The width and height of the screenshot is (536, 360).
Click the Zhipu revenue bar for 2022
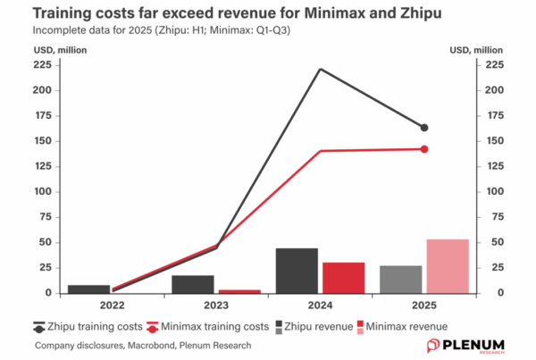point(89,289)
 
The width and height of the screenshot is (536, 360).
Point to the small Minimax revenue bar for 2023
point(239,291)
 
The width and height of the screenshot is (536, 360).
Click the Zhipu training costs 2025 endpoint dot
point(424,128)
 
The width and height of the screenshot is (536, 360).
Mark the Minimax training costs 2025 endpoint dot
point(424,148)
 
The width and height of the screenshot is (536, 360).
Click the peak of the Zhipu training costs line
point(320,69)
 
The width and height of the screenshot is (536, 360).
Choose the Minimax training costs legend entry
point(205,327)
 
